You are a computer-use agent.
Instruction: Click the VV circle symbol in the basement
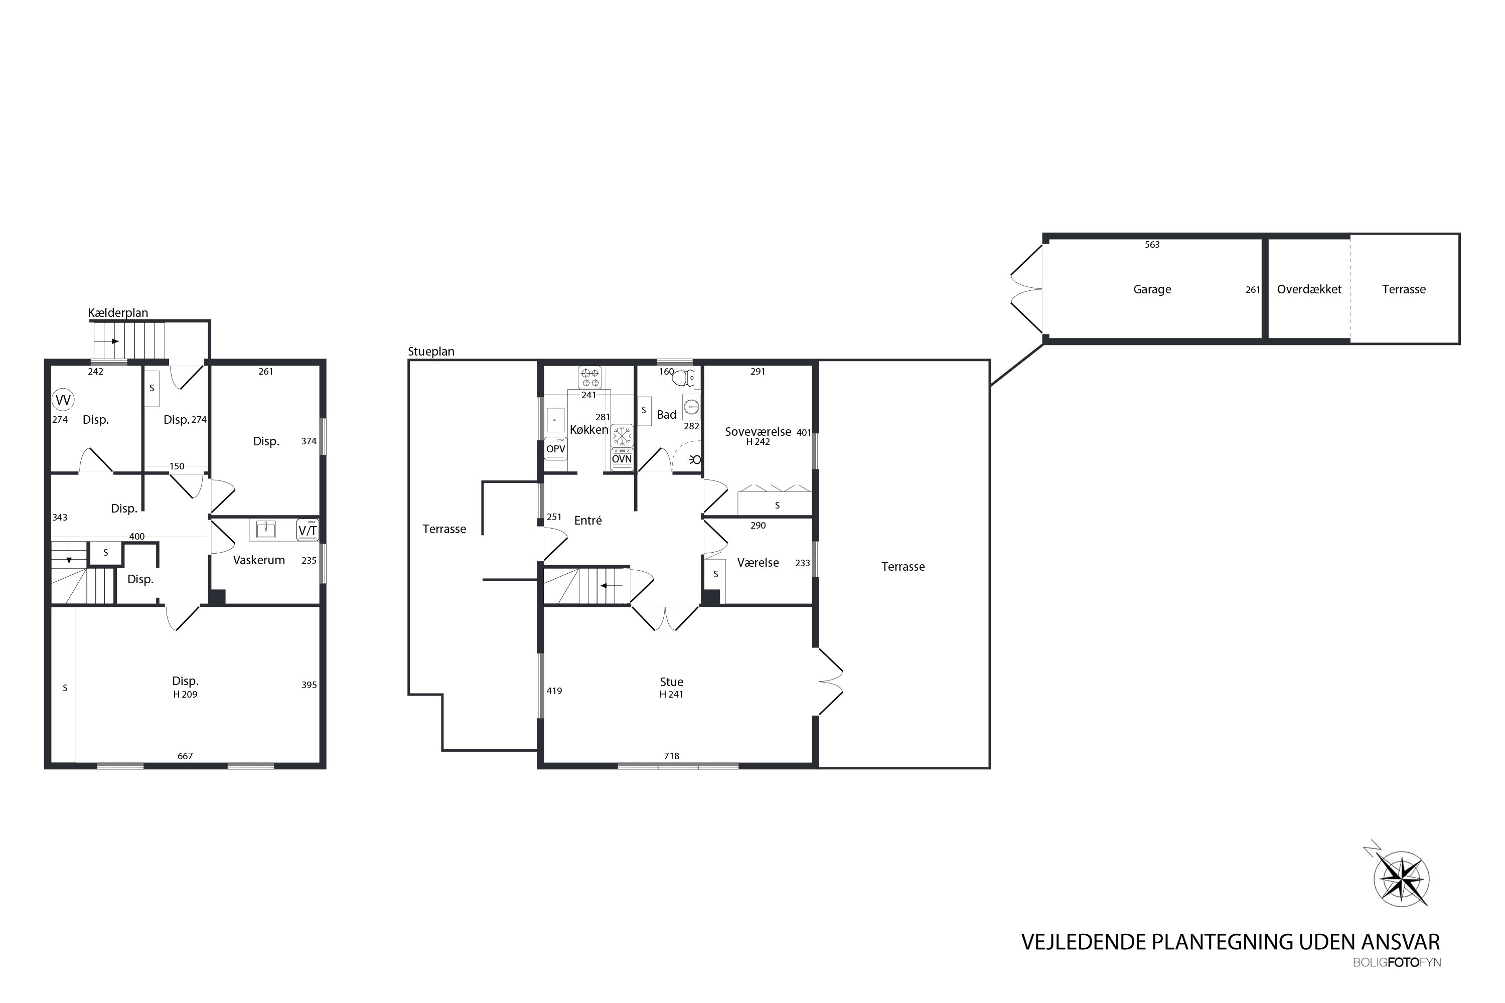63,400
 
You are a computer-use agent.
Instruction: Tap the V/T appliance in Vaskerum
308,530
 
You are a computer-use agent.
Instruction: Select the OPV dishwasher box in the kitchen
555,448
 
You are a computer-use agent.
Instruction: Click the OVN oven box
622,459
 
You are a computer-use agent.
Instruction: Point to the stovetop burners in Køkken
589,378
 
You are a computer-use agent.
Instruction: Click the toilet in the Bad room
683,378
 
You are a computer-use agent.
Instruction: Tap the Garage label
1152,289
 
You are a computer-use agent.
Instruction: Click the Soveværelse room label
758,432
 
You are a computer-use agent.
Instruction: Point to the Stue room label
671,682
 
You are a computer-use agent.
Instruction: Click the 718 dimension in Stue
671,756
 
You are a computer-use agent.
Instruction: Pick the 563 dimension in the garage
1152,244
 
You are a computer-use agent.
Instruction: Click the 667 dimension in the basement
185,756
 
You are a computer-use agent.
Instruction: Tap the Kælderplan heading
118,313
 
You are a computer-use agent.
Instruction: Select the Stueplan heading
431,351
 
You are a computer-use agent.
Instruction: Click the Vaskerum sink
265,530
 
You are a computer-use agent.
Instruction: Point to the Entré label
587,521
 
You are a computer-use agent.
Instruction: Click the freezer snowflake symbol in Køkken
622,436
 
